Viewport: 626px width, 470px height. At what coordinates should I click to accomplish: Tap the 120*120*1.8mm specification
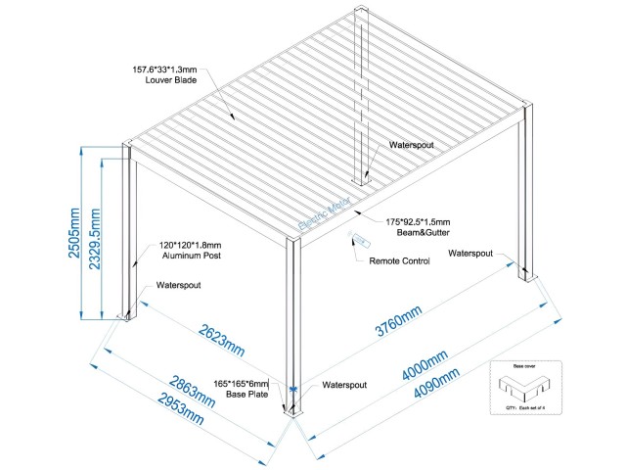pos(191,245)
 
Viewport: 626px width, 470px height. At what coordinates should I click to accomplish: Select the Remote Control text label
pos(399,261)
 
